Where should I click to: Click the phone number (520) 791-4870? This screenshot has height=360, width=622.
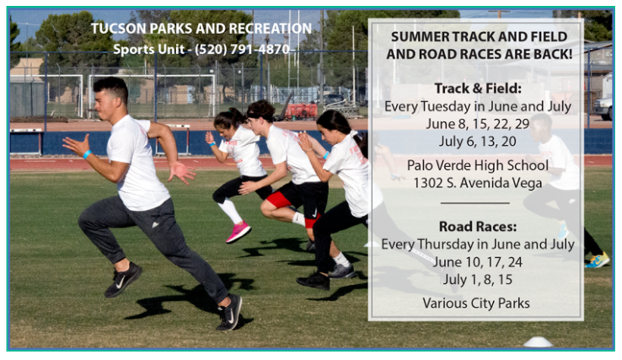point(242,49)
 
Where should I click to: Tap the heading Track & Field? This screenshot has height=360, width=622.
point(478,88)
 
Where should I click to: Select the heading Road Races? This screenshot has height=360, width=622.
point(478,226)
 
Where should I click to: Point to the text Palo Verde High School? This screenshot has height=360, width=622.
point(478,165)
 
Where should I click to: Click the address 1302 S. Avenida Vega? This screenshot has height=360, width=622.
point(478,183)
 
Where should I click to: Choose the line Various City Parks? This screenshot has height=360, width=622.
point(476,304)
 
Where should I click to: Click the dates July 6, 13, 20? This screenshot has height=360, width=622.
point(478,141)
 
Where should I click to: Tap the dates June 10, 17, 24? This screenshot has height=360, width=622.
point(478,262)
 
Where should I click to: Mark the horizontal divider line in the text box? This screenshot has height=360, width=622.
point(475,203)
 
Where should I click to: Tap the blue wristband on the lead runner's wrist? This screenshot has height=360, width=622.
point(87,154)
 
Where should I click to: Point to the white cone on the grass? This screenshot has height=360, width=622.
point(538,342)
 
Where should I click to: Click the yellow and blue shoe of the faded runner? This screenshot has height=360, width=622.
point(597,260)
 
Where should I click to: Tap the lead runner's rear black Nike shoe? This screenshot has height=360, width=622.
point(123,280)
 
